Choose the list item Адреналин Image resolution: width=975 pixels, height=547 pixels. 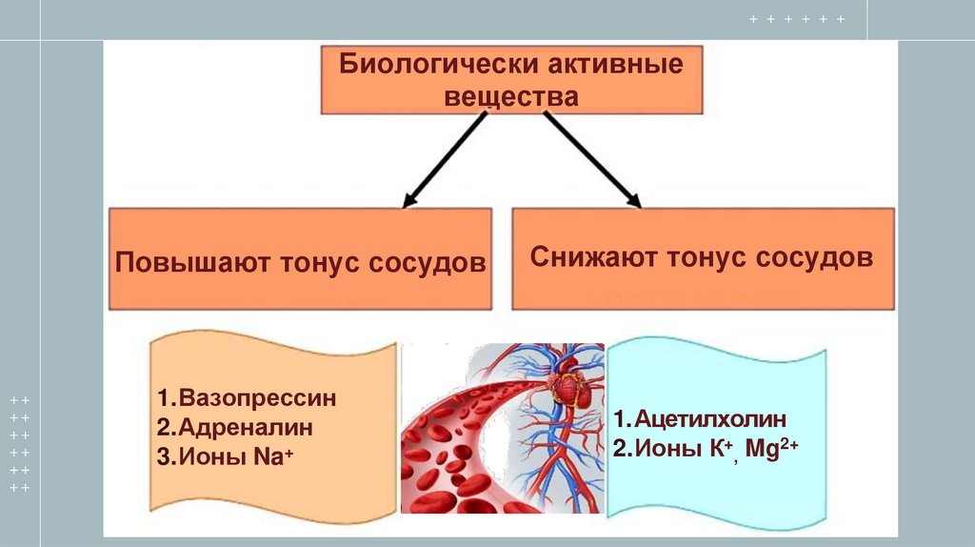(243, 428)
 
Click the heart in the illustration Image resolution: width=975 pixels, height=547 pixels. (568, 390)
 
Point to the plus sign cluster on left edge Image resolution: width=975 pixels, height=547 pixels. (20, 444)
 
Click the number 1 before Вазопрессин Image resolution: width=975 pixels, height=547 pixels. (164, 398)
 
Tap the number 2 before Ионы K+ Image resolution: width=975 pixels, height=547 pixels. (618, 449)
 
